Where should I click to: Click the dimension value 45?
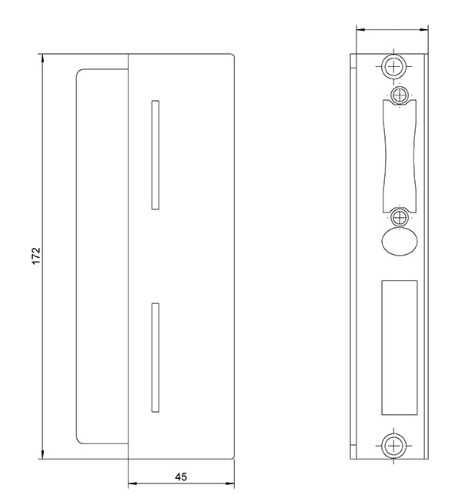click(x=181, y=477)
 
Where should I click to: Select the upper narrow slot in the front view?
click(x=155, y=154)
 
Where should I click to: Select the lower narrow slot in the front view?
click(x=155, y=355)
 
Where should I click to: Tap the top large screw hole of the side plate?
click(x=393, y=66)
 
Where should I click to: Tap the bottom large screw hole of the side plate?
click(x=393, y=446)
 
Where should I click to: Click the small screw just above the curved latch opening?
click(x=398, y=95)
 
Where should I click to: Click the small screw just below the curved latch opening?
click(x=398, y=217)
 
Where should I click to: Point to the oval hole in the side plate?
click(x=398, y=241)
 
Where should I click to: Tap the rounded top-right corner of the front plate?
click(x=230, y=57)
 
